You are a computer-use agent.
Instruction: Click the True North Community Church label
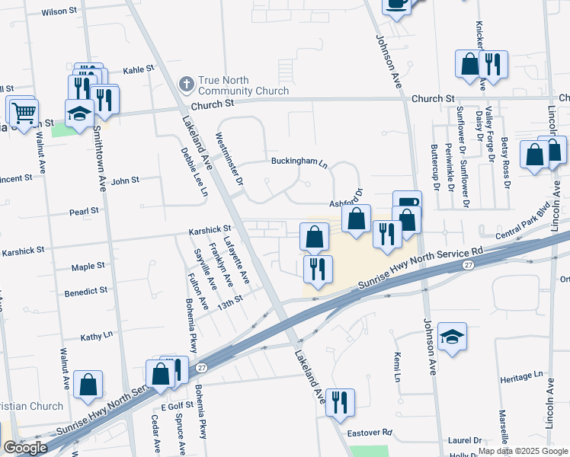(243, 85)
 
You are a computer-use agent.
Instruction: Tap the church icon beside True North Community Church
(186, 83)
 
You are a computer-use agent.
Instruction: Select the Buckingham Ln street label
(299, 161)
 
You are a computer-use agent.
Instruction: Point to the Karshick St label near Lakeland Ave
(210, 228)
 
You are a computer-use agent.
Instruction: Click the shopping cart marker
(23, 113)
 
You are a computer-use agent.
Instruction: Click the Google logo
(24, 448)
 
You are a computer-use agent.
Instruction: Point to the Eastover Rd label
(370, 433)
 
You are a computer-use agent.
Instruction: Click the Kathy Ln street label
(96, 335)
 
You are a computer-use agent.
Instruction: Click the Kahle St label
(139, 69)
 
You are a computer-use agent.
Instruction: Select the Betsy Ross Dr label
(507, 165)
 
